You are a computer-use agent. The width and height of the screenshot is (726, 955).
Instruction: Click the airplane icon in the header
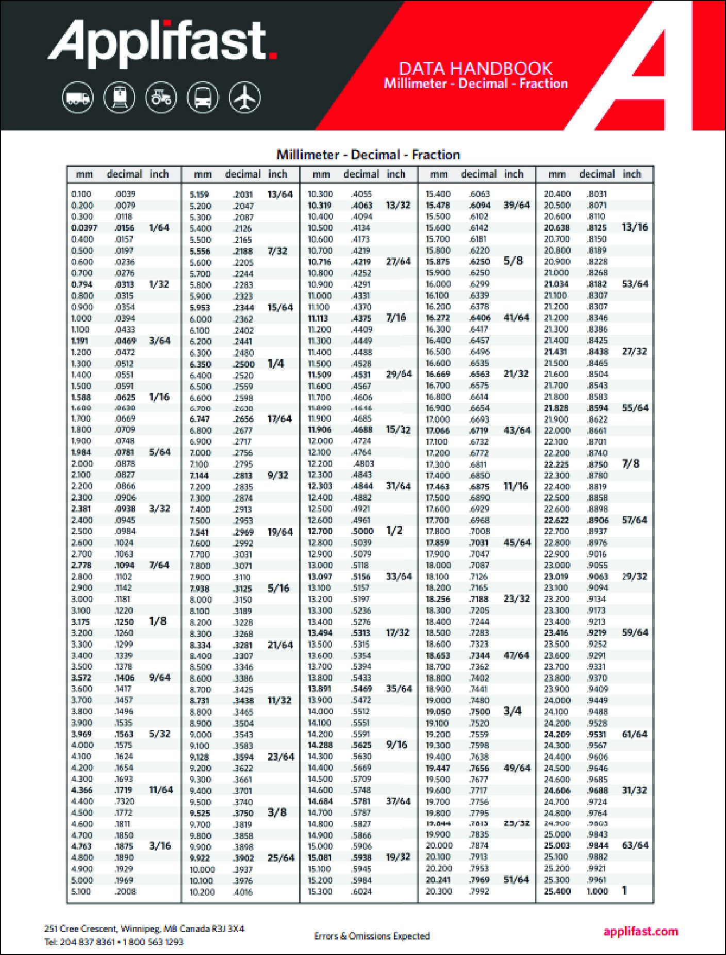click(x=244, y=97)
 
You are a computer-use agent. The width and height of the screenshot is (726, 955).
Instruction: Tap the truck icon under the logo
click(x=78, y=97)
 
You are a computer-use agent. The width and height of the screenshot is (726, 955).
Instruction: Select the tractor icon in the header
click(x=161, y=97)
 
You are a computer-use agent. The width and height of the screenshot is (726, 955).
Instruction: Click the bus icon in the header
click(x=203, y=97)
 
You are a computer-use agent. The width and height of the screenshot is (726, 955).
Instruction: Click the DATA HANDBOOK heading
click(x=475, y=69)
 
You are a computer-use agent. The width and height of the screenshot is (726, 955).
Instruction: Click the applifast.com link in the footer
click(x=640, y=931)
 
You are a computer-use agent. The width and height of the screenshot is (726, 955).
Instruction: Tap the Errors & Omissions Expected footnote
click(x=372, y=936)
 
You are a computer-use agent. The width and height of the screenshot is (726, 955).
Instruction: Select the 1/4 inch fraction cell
click(x=276, y=364)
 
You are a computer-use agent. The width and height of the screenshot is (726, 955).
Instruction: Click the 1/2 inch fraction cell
click(x=394, y=531)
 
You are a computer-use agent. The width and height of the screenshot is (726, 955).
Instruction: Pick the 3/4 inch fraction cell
click(x=512, y=711)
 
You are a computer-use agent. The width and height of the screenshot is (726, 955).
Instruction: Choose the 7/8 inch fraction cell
click(x=631, y=464)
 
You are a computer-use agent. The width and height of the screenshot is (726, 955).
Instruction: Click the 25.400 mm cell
click(x=557, y=891)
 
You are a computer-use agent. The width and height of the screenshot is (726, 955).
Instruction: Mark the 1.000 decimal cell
click(x=597, y=891)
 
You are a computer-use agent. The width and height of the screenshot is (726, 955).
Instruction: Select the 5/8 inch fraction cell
click(x=513, y=261)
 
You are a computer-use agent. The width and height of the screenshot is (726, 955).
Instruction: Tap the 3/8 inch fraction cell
click(x=277, y=813)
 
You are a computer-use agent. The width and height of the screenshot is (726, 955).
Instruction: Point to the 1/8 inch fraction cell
click(x=158, y=621)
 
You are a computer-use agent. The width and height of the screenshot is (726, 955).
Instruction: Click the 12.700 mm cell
click(x=320, y=531)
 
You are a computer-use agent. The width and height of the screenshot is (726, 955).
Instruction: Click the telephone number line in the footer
click(x=113, y=942)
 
